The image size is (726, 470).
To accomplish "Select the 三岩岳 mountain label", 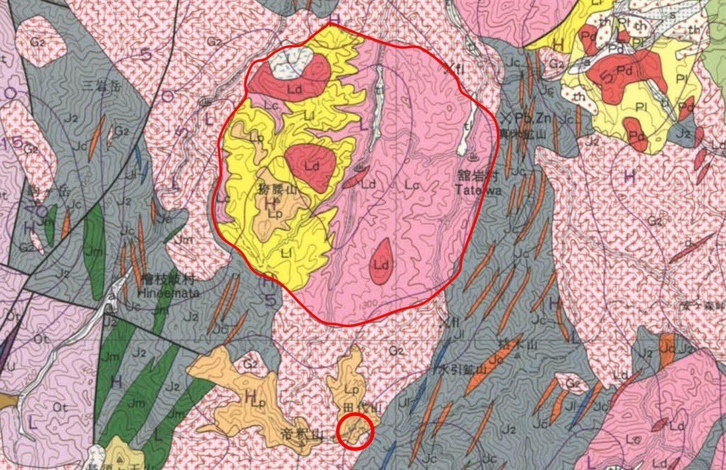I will [x=109, y=86].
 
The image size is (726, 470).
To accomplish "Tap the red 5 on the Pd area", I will [x=607, y=76].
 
